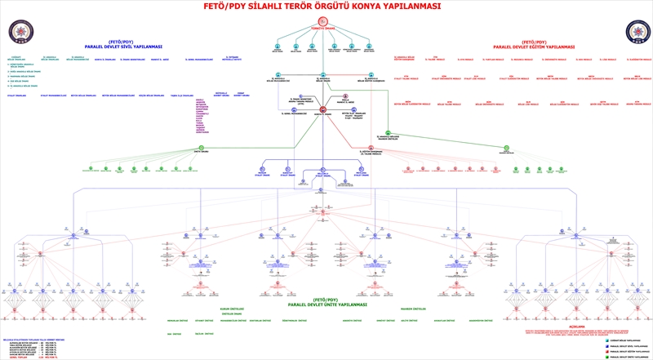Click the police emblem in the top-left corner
(x=19, y=32)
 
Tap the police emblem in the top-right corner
(x=636, y=32)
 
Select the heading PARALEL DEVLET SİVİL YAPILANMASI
(x=123, y=47)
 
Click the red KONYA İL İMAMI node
(x=323, y=109)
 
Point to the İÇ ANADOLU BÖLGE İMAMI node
(x=323, y=77)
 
